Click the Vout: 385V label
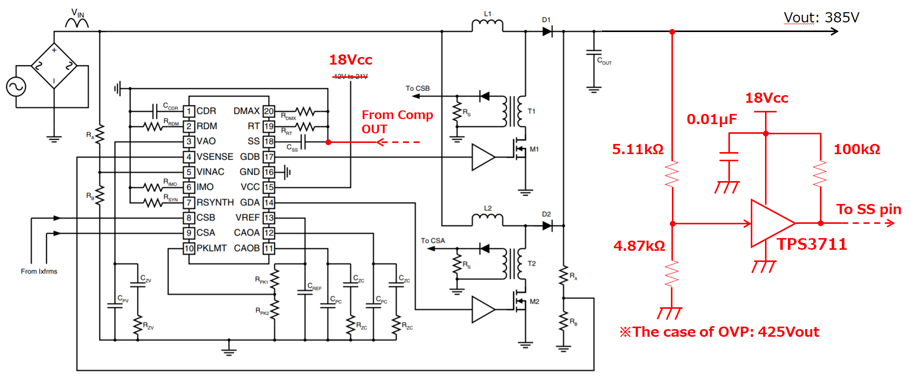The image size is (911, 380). pos(821,18)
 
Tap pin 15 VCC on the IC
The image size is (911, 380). pos(269,187)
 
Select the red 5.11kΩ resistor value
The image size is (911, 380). pos(638,149)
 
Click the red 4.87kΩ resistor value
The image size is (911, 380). pos(639,246)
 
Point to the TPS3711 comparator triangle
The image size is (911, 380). pos(770,223)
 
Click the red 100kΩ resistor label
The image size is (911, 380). pos(857,149)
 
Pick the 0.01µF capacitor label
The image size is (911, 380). pos(711,120)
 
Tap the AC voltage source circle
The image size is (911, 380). pos(16,86)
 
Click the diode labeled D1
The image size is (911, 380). pos(547,32)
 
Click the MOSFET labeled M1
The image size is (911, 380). pos(520,149)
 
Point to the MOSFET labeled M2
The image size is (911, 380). pos(520,301)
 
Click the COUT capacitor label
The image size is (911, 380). pos(604,61)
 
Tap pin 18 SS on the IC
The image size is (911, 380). pos(269,141)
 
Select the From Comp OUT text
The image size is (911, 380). pos(397,122)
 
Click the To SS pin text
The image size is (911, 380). pos(868,209)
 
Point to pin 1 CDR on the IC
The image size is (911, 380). pos(189,111)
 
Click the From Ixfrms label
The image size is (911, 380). pos(39,271)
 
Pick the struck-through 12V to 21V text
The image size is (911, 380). pos(350,76)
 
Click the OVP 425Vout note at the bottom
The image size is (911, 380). pos(719,332)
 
